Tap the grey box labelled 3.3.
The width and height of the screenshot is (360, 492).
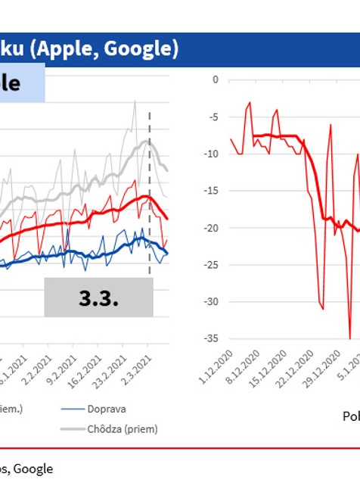pyautogui.click(x=98, y=297)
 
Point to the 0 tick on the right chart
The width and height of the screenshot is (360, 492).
pyautogui.click(x=214, y=79)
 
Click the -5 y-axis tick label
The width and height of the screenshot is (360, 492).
pyautogui.click(x=213, y=117)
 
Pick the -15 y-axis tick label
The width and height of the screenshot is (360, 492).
pyautogui.click(x=211, y=191)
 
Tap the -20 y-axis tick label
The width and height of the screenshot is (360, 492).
pyautogui.click(x=211, y=228)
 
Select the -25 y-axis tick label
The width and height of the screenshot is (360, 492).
pyautogui.click(x=211, y=265)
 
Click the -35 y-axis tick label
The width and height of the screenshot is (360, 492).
pyautogui.click(x=211, y=339)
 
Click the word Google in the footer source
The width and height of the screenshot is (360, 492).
pyautogui.click(x=33, y=469)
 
